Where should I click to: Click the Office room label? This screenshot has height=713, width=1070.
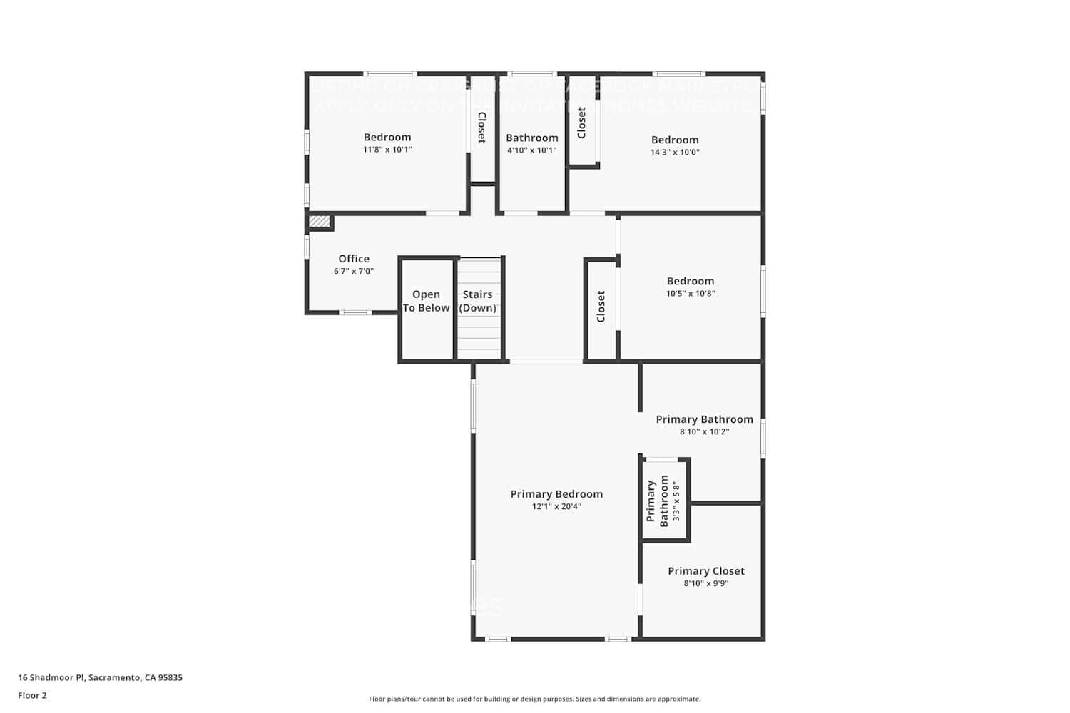tap(354, 259)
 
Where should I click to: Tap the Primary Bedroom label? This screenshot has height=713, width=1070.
tap(556, 494)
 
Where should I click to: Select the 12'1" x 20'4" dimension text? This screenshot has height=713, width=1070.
tap(556, 506)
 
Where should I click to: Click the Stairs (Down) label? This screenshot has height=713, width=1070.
tap(477, 301)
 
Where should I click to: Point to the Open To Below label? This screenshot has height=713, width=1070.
tap(426, 301)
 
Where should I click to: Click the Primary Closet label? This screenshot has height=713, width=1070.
tap(705, 571)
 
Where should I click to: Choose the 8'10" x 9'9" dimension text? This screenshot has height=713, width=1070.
tap(705, 583)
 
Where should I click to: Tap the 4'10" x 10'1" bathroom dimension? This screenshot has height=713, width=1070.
tap(531, 150)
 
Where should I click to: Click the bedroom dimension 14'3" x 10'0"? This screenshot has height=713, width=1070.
tap(675, 152)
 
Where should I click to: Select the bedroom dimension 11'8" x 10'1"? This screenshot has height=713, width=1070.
tap(387, 150)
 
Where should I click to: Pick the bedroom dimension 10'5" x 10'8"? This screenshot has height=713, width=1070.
tap(691, 293)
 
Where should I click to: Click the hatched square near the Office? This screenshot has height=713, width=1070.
tap(319, 222)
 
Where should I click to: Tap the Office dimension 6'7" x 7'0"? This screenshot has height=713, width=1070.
tap(354, 271)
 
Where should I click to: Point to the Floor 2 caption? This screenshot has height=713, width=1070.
tap(32, 695)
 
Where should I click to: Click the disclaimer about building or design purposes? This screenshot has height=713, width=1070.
tap(534, 699)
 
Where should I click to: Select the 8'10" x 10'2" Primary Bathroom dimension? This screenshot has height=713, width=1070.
tap(704, 431)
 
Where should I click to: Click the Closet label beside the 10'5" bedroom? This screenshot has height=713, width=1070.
tap(601, 306)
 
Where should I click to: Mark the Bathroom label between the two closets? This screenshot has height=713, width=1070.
tap(532, 138)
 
